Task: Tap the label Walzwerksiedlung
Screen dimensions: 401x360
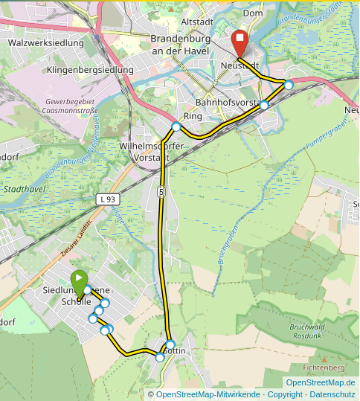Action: (45, 43)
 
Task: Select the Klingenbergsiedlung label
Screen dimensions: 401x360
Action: (90, 70)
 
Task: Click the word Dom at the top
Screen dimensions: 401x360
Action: (253, 13)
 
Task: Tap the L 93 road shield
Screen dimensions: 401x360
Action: (108, 199)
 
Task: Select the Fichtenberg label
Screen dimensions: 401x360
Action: (324, 368)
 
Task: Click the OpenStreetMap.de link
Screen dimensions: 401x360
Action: (320, 382)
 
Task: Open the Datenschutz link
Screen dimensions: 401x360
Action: (332, 394)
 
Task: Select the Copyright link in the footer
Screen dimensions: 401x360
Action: (285, 394)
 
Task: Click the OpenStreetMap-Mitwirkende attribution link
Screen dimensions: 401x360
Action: (208, 394)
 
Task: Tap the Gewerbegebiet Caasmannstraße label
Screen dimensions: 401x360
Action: (71, 106)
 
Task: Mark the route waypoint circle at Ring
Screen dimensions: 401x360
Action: (176, 126)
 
